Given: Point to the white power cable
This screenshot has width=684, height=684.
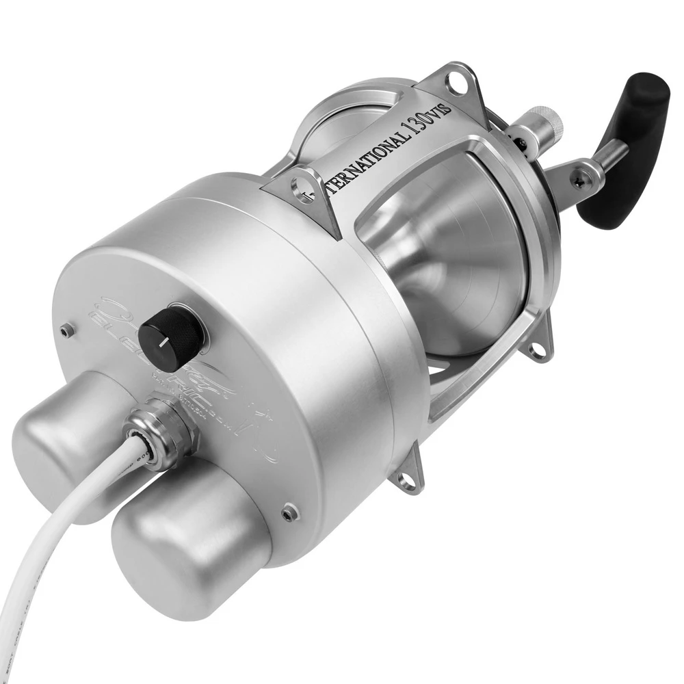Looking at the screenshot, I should [62, 540].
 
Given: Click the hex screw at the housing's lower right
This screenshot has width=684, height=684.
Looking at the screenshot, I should [291, 512].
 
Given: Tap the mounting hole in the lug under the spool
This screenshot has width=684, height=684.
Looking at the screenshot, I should [538, 351].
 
